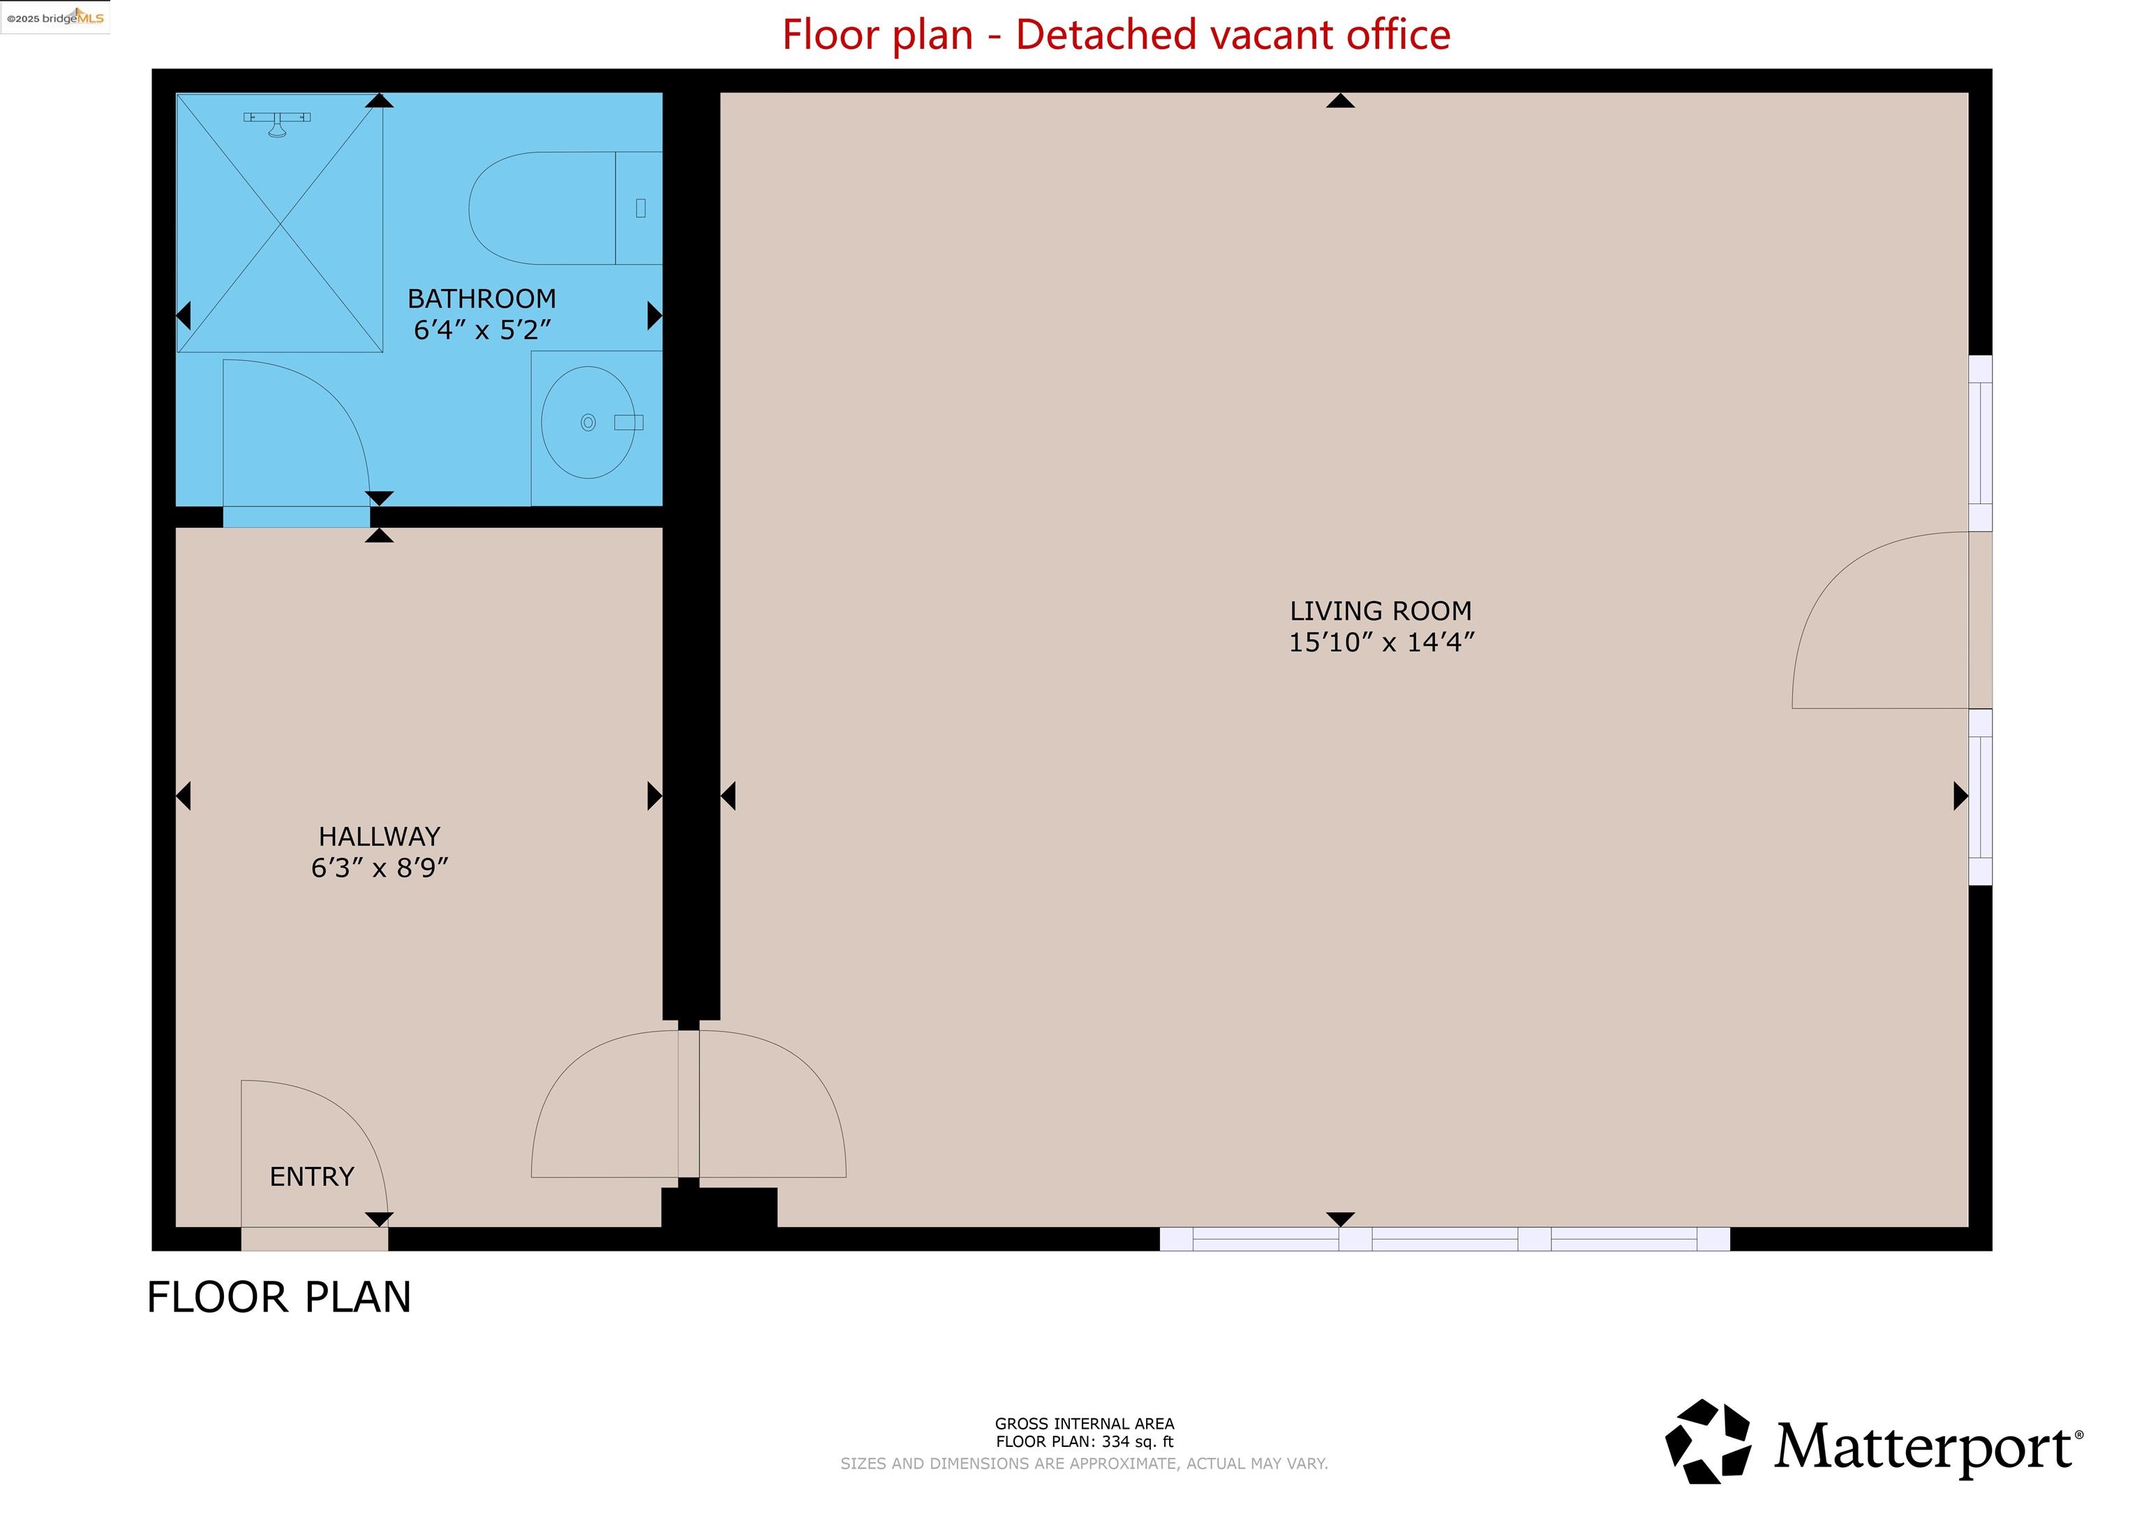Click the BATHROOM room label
point(481,298)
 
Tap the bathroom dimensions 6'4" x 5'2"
point(482,329)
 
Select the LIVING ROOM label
point(1380,611)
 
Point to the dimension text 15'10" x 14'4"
point(1380,643)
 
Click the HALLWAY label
point(379,836)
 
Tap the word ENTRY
point(312,1177)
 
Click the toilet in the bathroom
point(551,208)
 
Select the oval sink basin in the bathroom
point(588,422)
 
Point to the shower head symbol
point(276,122)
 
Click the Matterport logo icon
point(1708,1441)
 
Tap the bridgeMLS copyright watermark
point(55,17)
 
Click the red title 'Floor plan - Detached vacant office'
point(1116,35)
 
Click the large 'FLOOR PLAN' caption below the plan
point(279,1298)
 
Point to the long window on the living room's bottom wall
point(1445,1240)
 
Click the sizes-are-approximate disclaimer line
point(1084,1464)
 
